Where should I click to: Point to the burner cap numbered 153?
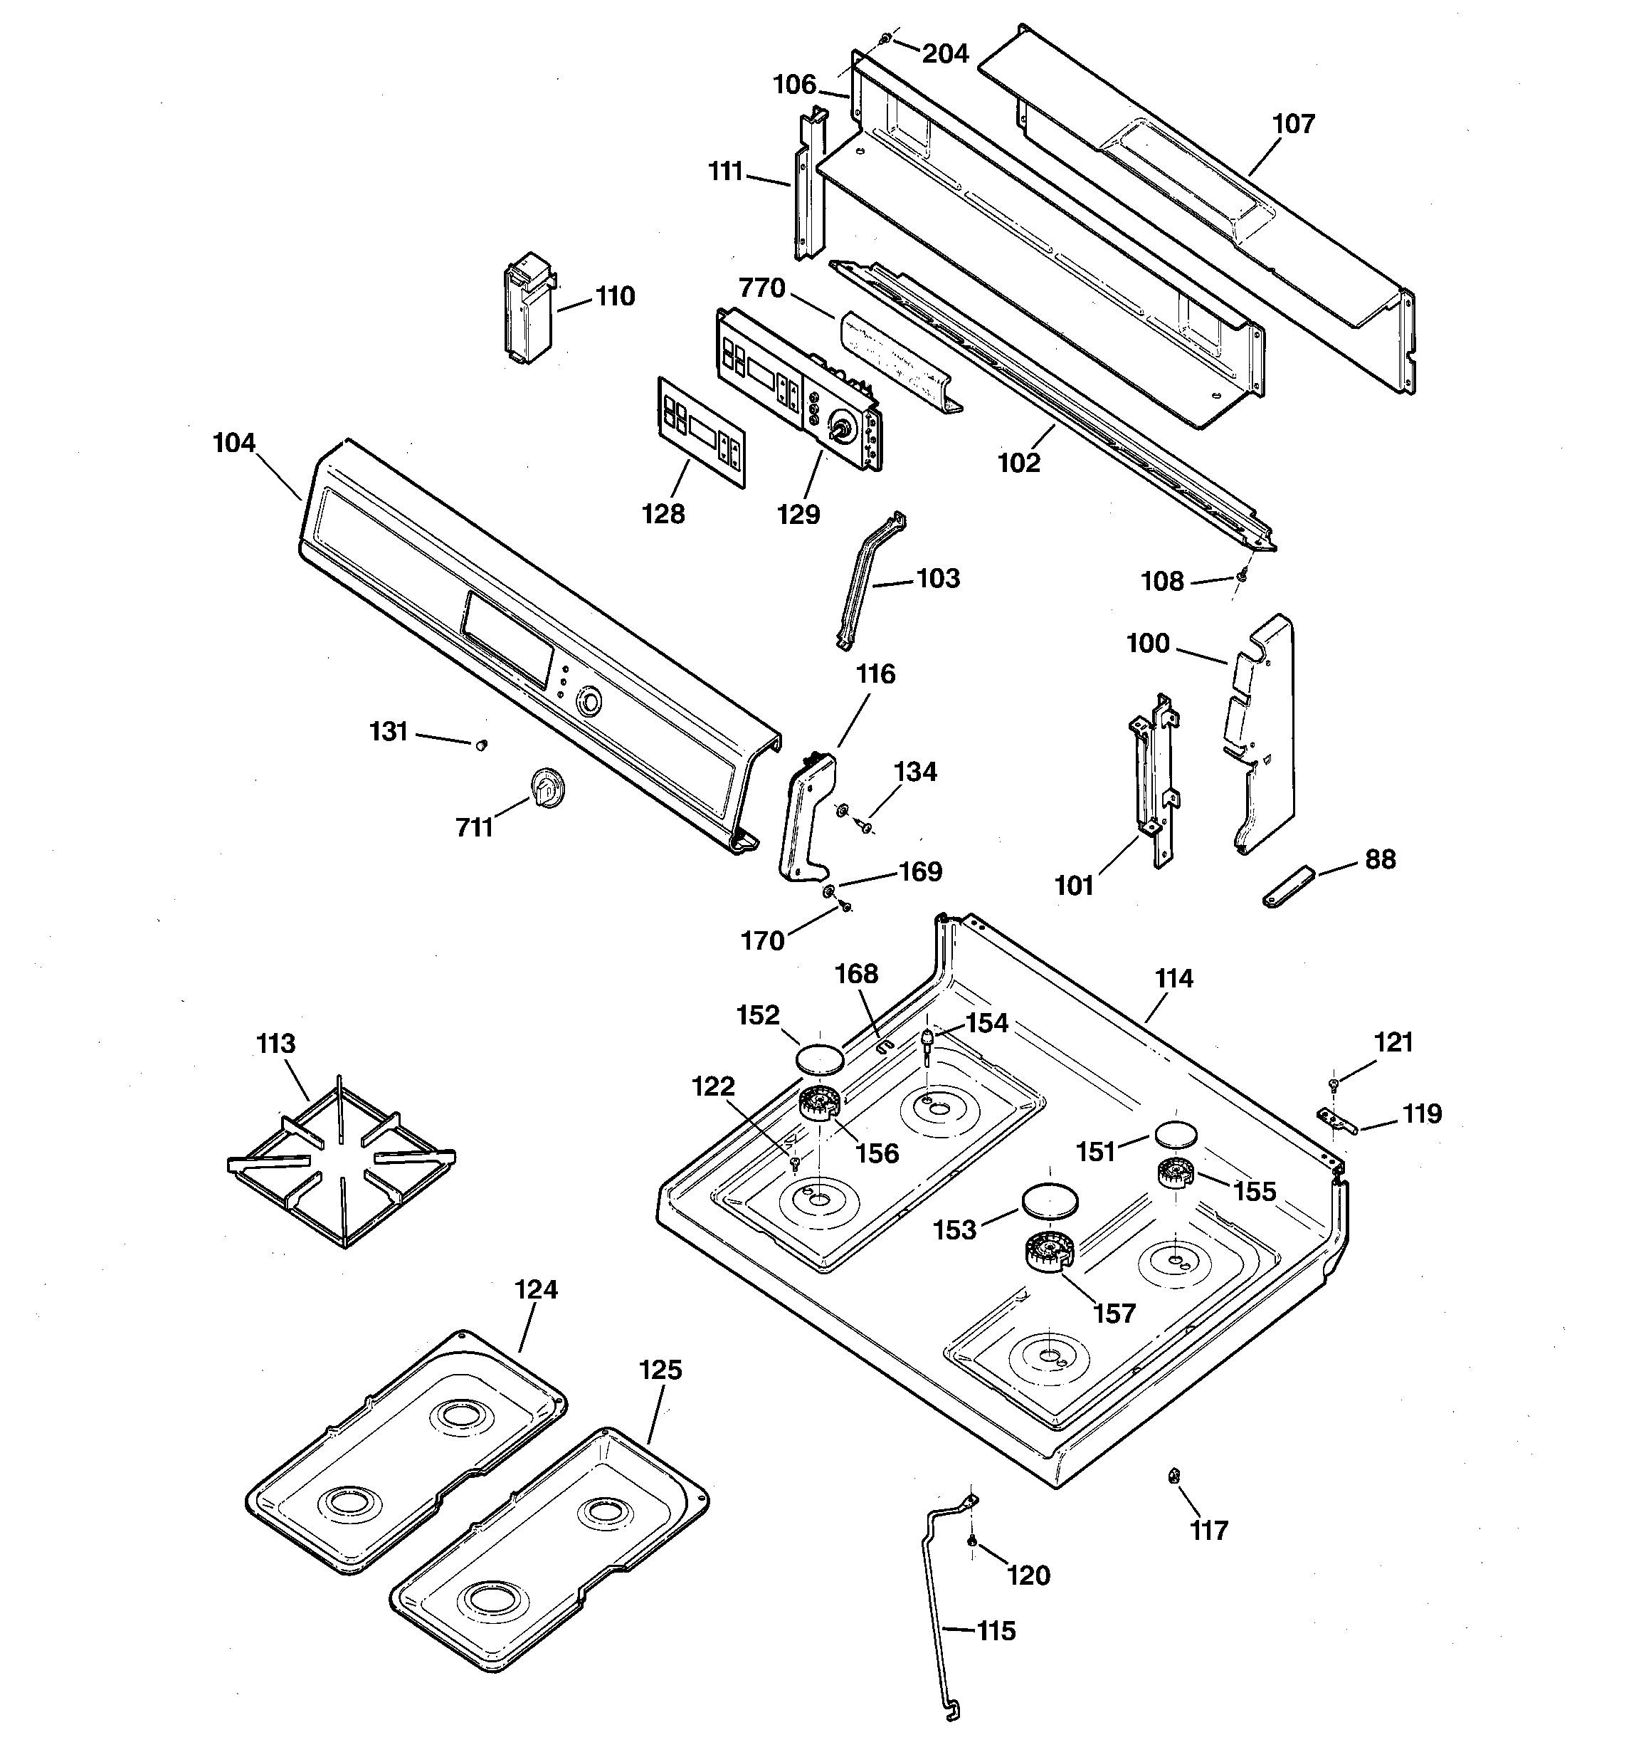pyautogui.click(x=1050, y=1200)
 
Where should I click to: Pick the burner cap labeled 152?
pyautogui.click(x=820, y=1058)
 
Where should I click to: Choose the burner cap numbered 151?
pyautogui.click(x=1177, y=1136)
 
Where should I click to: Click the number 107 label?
pyautogui.click(x=1293, y=124)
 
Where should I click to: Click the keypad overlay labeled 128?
pyautogui.click(x=701, y=431)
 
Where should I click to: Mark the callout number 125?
pyautogui.click(x=660, y=1371)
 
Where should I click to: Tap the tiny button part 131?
pyautogui.click(x=482, y=744)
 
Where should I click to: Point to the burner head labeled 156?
pyautogui.click(x=820, y=1104)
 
